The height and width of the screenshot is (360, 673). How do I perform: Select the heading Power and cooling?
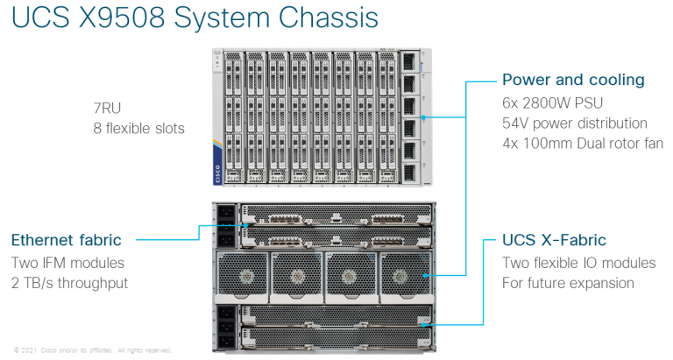click(x=573, y=81)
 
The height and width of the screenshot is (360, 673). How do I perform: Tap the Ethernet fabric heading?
click(x=67, y=240)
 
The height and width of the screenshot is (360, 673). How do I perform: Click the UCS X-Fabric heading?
click(x=554, y=240)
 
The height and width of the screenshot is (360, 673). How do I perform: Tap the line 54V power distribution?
click(x=574, y=124)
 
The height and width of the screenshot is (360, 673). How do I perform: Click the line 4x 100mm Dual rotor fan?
click(x=582, y=145)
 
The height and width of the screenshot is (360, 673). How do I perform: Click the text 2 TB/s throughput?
click(x=69, y=283)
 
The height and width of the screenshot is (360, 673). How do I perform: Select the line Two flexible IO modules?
click(x=578, y=263)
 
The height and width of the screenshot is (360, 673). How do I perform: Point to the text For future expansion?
click(x=568, y=283)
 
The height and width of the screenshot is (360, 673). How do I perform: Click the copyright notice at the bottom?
click(x=92, y=349)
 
